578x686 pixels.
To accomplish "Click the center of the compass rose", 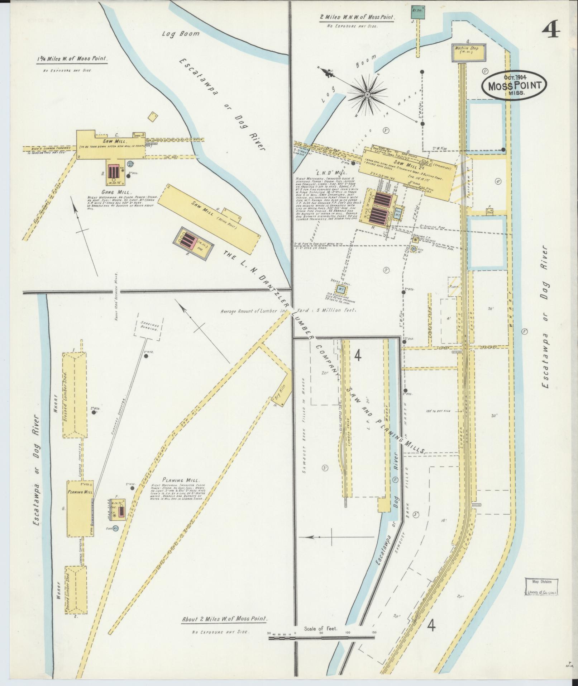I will (367, 94).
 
